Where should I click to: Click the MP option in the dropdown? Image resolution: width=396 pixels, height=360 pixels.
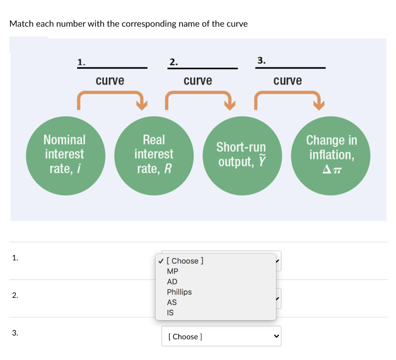coord(172,271)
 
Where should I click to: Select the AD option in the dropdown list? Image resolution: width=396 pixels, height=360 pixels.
coord(172,282)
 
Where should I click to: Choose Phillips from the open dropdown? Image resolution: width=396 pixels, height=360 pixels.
coord(179,292)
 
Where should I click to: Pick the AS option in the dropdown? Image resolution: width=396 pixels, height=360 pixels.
coord(172,302)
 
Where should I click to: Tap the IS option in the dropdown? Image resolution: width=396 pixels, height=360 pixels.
coord(170,313)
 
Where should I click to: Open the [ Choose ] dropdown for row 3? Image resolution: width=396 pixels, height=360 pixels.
coord(221,336)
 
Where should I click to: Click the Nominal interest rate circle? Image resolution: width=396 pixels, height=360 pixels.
coord(64,155)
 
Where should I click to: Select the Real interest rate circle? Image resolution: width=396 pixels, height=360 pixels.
coord(154,155)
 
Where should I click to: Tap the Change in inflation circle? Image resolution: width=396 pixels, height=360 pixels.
coord(331,155)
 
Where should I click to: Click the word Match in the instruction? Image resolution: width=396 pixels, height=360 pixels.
coord(22,24)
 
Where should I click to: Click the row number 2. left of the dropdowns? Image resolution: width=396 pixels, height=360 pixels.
coord(15,295)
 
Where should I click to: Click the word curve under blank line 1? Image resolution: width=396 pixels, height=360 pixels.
coord(110,81)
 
